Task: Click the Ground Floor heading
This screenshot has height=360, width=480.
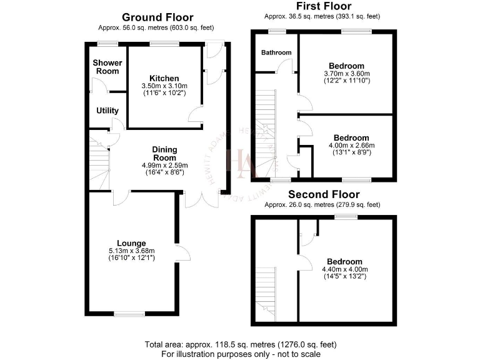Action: pyautogui.click(x=157, y=17)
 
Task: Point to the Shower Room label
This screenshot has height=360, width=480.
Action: pyautogui.click(x=106, y=67)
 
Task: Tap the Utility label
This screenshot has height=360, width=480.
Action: pyautogui.click(x=107, y=111)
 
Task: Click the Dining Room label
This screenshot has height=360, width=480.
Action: pyautogui.click(x=165, y=154)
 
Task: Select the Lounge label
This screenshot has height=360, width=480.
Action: pyautogui.click(x=131, y=243)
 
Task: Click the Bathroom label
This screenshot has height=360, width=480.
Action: pyautogui.click(x=276, y=52)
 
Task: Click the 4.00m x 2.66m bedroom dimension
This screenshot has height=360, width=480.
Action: pyautogui.click(x=351, y=146)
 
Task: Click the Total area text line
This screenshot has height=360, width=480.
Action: pyautogui.click(x=241, y=344)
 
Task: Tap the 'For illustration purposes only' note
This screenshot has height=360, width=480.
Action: pyautogui.click(x=241, y=354)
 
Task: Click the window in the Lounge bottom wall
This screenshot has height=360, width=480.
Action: pyautogui.click(x=129, y=314)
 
